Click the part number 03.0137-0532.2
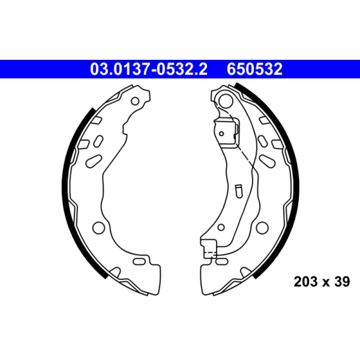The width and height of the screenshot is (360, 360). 149,69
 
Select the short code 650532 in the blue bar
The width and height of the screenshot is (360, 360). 255,69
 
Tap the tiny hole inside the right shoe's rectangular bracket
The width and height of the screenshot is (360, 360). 221,133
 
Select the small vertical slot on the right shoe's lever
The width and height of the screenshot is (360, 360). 239,189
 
